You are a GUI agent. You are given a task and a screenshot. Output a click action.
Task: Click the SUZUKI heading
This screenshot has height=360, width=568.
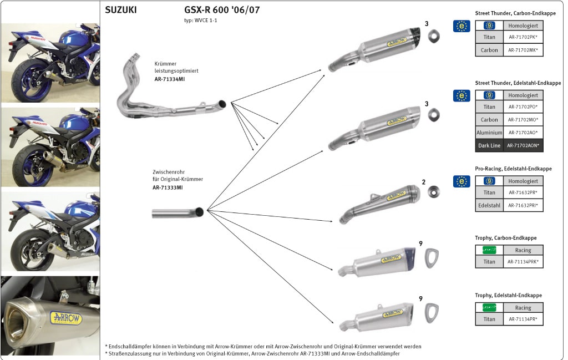click(x=120, y=9)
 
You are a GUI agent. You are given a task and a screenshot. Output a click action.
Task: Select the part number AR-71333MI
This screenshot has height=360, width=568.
click(x=168, y=187)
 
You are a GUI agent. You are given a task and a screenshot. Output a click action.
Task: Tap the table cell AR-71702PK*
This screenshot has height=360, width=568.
click(x=523, y=38)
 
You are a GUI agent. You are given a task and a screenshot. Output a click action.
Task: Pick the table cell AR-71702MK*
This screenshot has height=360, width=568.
click(x=523, y=50)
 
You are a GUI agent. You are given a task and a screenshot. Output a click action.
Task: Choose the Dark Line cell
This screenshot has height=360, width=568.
click(x=489, y=145)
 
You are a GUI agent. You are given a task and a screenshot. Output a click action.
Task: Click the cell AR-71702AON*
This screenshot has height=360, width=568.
click(x=523, y=145)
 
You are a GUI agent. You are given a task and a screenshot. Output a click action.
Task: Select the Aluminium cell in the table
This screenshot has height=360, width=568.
click(x=489, y=133)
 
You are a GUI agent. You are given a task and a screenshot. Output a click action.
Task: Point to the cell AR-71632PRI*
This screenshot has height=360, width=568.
click(x=523, y=206)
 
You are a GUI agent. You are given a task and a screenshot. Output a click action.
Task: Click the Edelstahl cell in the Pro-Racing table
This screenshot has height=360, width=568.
click(x=489, y=206)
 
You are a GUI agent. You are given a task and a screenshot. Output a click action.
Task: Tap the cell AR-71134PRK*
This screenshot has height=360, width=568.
click(x=523, y=262)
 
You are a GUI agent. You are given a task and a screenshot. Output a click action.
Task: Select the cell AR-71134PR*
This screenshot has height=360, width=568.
click(x=523, y=320)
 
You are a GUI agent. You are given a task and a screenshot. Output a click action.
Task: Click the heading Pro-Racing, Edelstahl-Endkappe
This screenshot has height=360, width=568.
click(x=513, y=169)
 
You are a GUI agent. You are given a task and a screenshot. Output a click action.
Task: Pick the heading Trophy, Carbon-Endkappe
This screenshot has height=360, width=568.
click(x=505, y=238)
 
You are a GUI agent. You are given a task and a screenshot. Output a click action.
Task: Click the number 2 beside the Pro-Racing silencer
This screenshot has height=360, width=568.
click(x=423, y=182)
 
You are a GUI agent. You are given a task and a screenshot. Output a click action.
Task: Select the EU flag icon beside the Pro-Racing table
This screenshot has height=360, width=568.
click(x=461, y=181)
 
